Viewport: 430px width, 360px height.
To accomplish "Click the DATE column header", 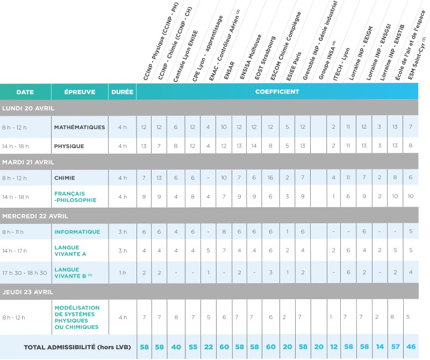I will click(x=25, y=92).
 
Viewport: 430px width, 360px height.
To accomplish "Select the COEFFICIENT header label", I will click(x=277, y=92).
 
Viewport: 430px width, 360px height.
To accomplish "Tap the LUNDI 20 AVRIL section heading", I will click(x=28, y=108).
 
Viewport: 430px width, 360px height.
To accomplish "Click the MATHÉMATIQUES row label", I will click(x=80, y=128).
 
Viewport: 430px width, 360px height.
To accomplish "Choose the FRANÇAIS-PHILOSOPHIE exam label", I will click(x=75, y=196).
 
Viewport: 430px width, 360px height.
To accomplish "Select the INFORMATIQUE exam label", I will click(x=77, y=232).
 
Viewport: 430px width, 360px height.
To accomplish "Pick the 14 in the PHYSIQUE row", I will click(x=254, y=146).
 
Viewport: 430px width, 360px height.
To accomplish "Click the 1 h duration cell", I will click(x=123, y=272).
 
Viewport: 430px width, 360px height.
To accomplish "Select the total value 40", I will click(x=176, y=347).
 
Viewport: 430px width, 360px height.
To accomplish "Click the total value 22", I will click(x=209, y=347).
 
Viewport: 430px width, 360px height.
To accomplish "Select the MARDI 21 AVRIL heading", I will click(x=28, y=162).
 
